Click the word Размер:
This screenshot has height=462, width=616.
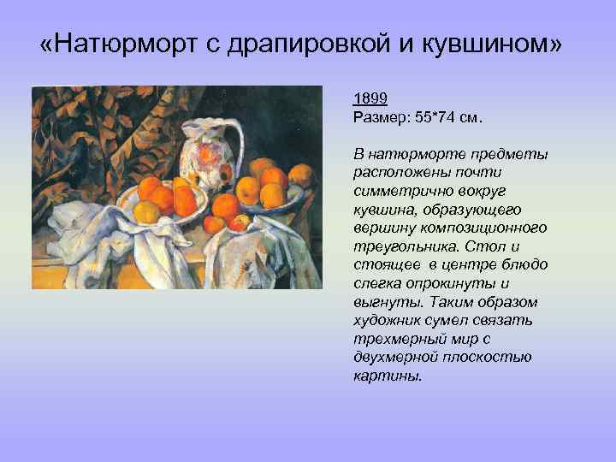point(380,115)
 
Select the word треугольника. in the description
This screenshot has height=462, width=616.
point(397,245)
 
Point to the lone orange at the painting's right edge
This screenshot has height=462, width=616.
point(299,176)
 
